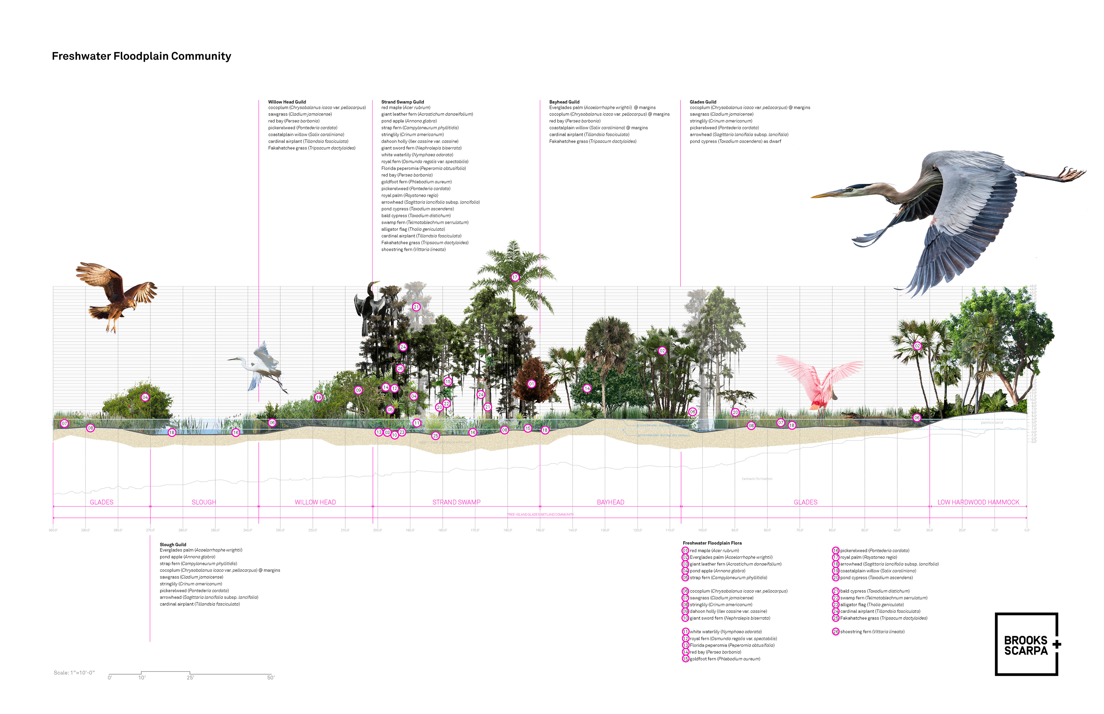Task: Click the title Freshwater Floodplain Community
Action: tap(141, 56)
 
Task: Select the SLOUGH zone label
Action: tap(204, 502)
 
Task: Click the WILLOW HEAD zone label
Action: tap(315, 502)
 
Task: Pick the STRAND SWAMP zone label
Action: tap(457, 502)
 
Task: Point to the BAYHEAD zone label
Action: tap(610, 502)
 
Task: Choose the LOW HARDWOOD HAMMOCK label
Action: tap(978, 502)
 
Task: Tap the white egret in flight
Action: tap(260, 366)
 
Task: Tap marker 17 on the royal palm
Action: tap(515, 277)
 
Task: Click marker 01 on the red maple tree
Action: tap(532, 384)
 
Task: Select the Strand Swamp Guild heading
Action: tap(402, 102)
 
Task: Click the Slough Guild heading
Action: tap(173, 545)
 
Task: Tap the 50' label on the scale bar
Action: tap(271, 678)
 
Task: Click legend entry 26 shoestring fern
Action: tap(870, 632)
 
